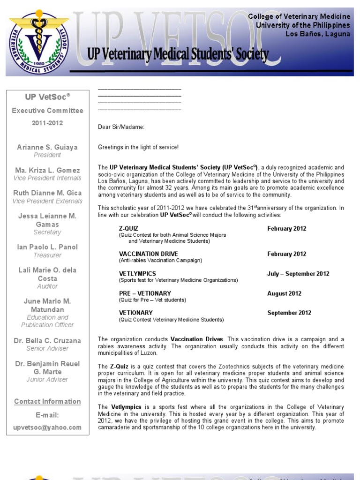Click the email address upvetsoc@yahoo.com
(x=47, y=427)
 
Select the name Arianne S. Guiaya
(x=47, y=147)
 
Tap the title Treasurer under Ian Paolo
(x=47, y=255)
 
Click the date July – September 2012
(x=298, y=274)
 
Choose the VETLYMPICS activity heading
(x=137, y=273)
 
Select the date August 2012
(x=285, y=293)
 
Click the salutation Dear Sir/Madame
(x=121, y=127)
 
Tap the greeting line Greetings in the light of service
(x=138, y=147)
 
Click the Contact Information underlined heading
(x=47, y=401)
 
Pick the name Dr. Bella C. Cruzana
(x=47, y=341)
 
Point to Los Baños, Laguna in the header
(x=318, y=34)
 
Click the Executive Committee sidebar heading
(x=47, y=111)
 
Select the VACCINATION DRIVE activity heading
(x=149, y=254)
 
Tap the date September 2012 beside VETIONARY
(x=289, y=313)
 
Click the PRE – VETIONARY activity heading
(x=145, y=293)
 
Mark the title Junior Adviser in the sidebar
(x=47, y=379)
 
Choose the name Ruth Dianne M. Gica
(x=47, y=193)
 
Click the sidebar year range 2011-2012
(x=47, y=123)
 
